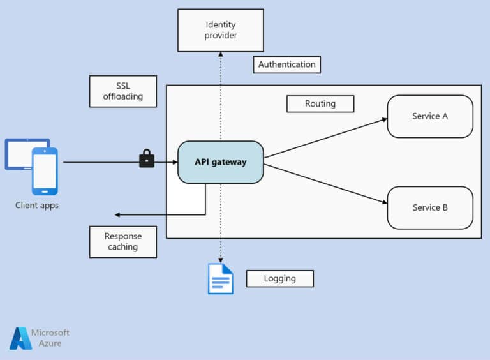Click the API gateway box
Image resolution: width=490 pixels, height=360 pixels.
pyautogui.click(x=220, y=162)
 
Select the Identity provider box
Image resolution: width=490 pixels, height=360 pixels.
pyautogui.click(x=220, y=30)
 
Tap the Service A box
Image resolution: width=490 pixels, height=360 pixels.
pyautogui.click(x=430, y=116)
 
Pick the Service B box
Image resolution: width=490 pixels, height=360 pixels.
pyautogui.click(x=430, y=207)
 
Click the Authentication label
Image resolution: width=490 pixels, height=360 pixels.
pyautogui.click(x=286, y=64)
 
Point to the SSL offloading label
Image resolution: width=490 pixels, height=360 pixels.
pyautogui.click(x=123, y=91)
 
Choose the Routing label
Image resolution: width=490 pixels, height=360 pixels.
pyautogui.click(x=320, y=104)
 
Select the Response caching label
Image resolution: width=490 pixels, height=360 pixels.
pyautogui.click(x=122, y=241)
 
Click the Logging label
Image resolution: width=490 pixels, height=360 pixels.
pyautogui.click(x=279, y=278)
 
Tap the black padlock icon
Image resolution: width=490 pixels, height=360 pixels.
pyautogui.click(x=147, y=158)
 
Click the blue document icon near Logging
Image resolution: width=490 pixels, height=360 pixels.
pyautogui.click(x=221, y=279)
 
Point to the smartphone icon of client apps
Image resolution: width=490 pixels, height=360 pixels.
pyautogui.click(x=45, y=171)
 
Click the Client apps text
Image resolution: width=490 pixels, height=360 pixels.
pyautogui.click(x=37, y=206)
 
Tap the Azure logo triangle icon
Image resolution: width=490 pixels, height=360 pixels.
pyautogui.click(x=20, y=338)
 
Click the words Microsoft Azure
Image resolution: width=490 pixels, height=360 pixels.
pyautogui.click(x=50, y=338)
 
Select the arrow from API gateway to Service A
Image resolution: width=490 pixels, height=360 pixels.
pyautogui.click(x=325, y=138)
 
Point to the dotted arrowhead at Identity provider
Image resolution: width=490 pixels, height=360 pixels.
pyautogui.click(x=220, y=54)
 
